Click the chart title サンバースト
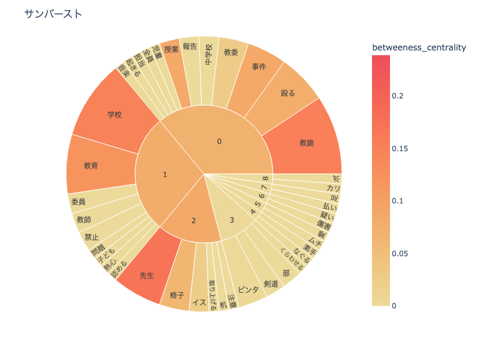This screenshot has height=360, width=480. pos(53,14)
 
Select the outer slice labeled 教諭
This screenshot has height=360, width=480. pos(307,143)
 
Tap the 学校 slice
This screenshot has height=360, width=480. pos(115,115)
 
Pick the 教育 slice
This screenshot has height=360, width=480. pos(91,165)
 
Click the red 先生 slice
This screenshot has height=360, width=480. pos(147,275)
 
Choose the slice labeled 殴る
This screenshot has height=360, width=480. pos(288,93)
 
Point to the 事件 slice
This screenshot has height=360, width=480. pos(259,67)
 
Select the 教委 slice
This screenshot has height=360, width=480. pos(231,52)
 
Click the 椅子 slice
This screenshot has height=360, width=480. pos(176,295)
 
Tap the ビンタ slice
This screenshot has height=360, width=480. pos(248,289)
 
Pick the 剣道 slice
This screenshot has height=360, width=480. pos(271,283)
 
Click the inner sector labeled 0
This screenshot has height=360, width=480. pos(219,141)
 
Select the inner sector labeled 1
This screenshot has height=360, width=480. pos(165,175)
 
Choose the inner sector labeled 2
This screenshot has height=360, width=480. pos(193,221)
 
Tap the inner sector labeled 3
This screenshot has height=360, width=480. pos(232,220)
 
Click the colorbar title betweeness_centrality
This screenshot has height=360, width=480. pos(419,47)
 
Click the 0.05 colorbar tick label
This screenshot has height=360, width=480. pos(401,253)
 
